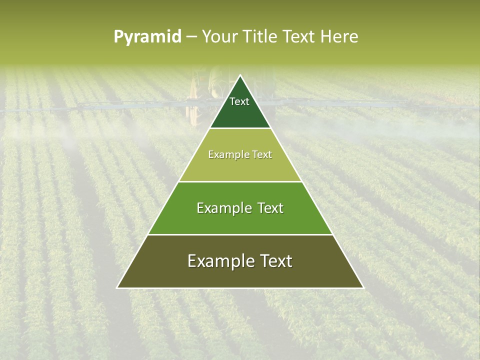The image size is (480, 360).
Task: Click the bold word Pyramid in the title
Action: coord(147,37)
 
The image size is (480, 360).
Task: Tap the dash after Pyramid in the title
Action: coord(191,37)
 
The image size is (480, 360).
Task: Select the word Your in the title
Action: coord(219,37)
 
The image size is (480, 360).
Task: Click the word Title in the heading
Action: coord(260,37)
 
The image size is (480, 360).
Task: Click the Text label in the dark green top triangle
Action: coord(239,101)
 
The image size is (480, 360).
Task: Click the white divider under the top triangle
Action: coord(240,128)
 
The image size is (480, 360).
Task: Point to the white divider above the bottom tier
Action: coord(240,234)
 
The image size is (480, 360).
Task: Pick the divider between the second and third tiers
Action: coord(240,181)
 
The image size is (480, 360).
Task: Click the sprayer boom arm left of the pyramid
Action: coord(125,105)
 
